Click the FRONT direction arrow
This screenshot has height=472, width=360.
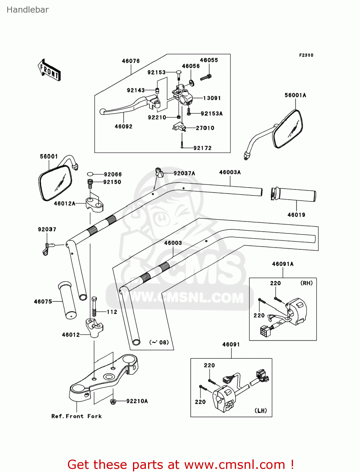[49, 70]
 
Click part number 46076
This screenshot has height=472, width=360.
[130, 61]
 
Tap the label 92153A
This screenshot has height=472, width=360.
[212, 114]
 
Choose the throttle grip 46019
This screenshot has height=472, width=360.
[293, 195]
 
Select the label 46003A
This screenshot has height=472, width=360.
[230, 172]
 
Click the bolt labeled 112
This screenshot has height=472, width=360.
[94, 307]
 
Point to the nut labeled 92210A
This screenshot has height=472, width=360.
[113, 401]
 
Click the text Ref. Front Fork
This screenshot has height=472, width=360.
[76, 416]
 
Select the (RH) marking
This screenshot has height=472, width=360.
[306, 283]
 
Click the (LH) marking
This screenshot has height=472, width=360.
[260, 411]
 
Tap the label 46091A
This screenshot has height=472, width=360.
[283, 264]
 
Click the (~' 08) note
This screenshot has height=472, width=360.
[159, 342]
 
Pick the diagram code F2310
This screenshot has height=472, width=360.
[306, 55]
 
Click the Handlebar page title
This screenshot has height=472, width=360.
[28, 10]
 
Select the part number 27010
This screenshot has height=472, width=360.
[205, 128]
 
